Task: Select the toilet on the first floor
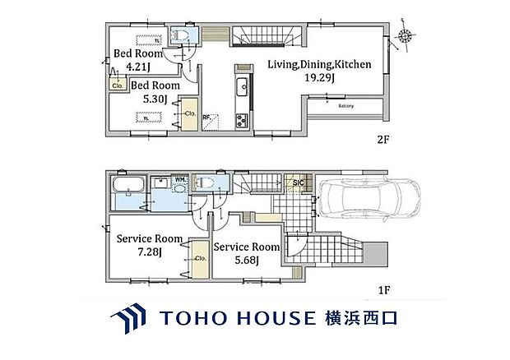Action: click(x=206, y=184)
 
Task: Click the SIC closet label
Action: click(x=299, y=182)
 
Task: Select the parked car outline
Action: click(x=360, y=200)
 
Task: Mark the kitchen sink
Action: click(x=240, y=88)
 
